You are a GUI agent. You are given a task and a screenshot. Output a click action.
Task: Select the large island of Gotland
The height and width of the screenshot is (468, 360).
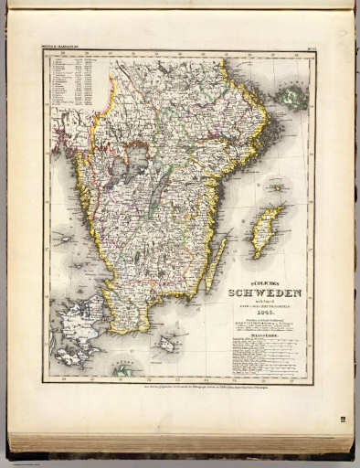coord(264,231)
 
